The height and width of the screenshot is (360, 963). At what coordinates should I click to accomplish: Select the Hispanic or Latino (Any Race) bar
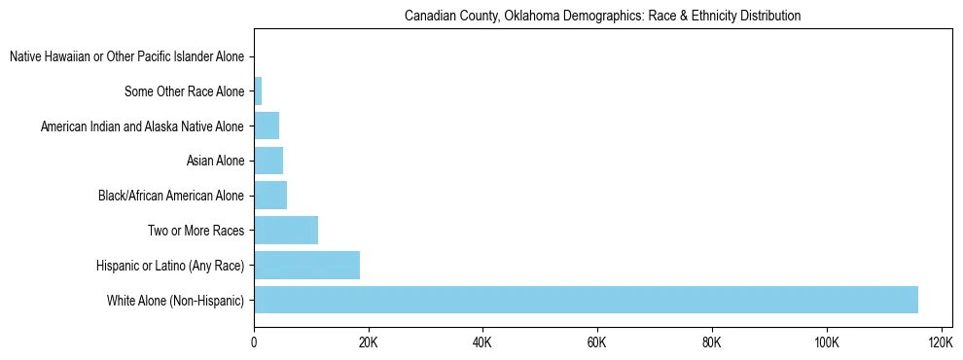click(x=306, y=265)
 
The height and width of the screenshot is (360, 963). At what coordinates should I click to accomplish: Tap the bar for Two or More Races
click(x=286, y=231)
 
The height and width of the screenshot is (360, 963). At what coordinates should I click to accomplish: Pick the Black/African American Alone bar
click(x=270, y=196)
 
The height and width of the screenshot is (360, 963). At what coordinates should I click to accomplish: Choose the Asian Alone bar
click(x=268, y=161)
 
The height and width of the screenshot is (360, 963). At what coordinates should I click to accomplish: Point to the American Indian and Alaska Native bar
click(x=267, y=126)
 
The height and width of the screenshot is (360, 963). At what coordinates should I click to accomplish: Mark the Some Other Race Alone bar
click(x=258, y=91)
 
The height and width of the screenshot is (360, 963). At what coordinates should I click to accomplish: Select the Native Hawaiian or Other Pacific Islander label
click(x=126, y=57)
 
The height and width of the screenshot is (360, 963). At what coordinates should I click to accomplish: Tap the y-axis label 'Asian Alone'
click(x=215, y=162)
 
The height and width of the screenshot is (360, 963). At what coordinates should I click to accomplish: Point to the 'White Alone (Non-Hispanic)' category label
click(x=175, y=301)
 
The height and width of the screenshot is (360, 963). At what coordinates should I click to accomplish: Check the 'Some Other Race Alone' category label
click(x=185, y=92)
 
